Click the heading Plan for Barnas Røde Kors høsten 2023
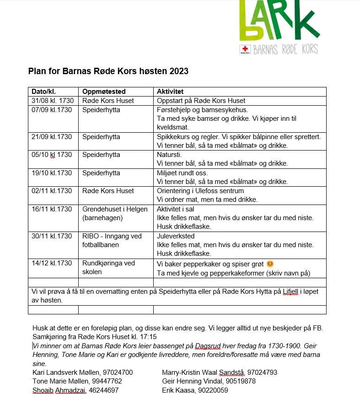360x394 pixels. [x=108, y=71]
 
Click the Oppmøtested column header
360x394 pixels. [x=104, y=92]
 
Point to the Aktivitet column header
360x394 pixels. [x=170, y=92]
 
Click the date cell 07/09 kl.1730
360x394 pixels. [x=52, y=110]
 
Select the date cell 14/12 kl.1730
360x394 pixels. [x=52, y=263]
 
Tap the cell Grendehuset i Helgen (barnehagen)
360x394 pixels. [x=115, y=213]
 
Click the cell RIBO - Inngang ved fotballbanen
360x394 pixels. [x=112, y=240]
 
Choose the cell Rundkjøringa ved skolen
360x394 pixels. [x=108, y=267]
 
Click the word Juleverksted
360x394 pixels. [x=176, y=236]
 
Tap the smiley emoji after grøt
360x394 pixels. [x=270, y=264]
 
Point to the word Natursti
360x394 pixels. [x=169, y=155]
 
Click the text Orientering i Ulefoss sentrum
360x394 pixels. [x=201, y=191]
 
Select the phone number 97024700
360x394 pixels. [x=118, y=372]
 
